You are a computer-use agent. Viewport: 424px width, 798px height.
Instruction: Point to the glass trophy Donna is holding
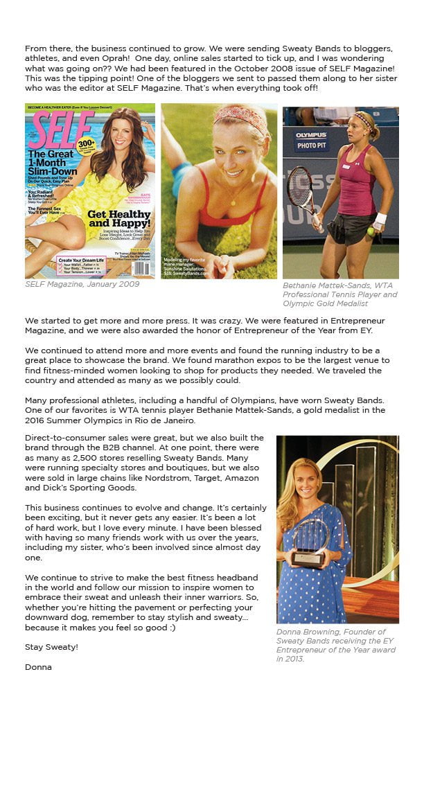click(x=310, y=542)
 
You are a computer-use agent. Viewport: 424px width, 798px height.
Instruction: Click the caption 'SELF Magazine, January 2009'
click(x=82, y=284)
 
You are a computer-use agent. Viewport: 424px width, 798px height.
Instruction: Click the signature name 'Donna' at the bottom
click(x=38, y=667)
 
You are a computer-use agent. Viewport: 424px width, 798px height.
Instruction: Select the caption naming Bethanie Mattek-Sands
click(x=340, y=294)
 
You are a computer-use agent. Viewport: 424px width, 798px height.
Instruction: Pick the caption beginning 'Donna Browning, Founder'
click(x=336, y=645)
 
